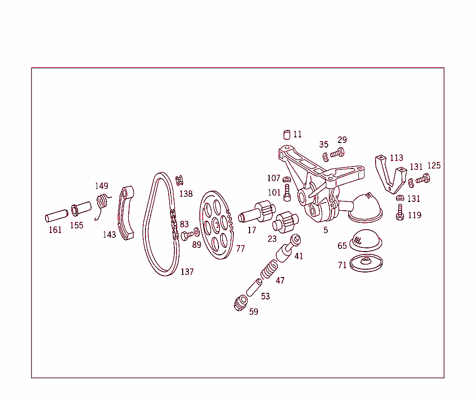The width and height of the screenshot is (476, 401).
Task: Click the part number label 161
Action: (55, 230)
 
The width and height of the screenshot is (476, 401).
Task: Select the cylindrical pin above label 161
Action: (57, 216)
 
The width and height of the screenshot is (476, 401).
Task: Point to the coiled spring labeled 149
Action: (103, 202)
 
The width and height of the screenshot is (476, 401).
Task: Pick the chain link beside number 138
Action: (179, 180)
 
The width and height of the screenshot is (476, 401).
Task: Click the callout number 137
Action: (187, 272)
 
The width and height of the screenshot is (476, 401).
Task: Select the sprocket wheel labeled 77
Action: (216, 225)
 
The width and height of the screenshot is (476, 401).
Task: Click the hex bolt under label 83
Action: (186, 235)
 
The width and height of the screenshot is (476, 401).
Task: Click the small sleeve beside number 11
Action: (287, 135)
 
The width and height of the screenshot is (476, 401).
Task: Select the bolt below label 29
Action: (337, 152)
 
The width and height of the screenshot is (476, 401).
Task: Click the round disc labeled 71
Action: (365, 263)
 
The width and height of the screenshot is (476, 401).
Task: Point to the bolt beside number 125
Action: (423, 179)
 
